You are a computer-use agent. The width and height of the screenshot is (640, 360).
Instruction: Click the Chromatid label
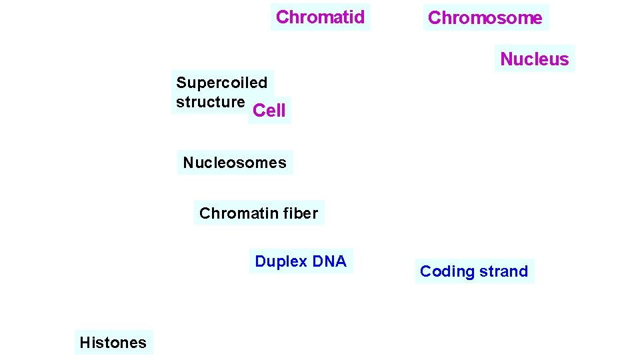click(320, 17)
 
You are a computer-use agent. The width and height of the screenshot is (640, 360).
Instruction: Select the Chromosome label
click(485, 18)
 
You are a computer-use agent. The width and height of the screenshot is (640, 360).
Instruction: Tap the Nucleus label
click(534, 59)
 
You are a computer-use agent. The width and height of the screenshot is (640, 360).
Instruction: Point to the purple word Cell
click(269, 111)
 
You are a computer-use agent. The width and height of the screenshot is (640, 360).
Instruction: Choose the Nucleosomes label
click(235, 163)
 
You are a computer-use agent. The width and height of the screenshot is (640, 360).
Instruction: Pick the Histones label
click(113, 343)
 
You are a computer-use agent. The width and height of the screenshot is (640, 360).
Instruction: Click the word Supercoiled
click(221, 83)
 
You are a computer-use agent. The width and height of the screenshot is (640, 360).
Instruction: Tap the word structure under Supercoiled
click(210, 102)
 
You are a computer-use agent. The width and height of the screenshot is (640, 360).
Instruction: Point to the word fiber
click(302, 213)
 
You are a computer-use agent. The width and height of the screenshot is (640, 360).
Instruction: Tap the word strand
click(503, 271)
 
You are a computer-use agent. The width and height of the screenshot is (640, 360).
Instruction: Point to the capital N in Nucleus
click(506, 59)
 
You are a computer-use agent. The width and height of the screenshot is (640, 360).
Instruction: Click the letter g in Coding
click(468, 273)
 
